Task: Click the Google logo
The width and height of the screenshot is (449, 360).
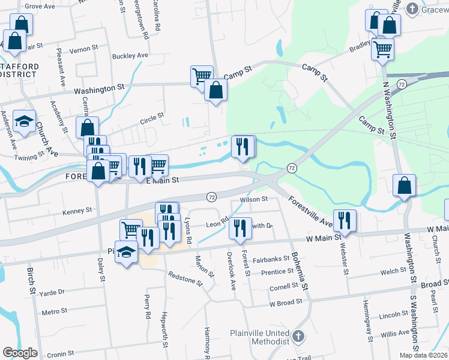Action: coord(19,353)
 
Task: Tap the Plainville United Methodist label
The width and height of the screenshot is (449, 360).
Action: coord(259,337)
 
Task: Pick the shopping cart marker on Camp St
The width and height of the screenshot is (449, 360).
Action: coord(202,76)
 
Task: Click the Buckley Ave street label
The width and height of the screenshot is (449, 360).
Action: coord(130,56)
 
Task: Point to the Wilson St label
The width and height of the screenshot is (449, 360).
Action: coord(253,199)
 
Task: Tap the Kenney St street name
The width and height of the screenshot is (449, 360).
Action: coord(78,211)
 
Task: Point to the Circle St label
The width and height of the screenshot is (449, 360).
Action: coord(151,115)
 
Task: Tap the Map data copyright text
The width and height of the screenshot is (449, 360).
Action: coord(423,355)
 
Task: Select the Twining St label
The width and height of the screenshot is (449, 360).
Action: coord(30,154)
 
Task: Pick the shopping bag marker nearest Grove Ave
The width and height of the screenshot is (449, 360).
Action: coord(20,25)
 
